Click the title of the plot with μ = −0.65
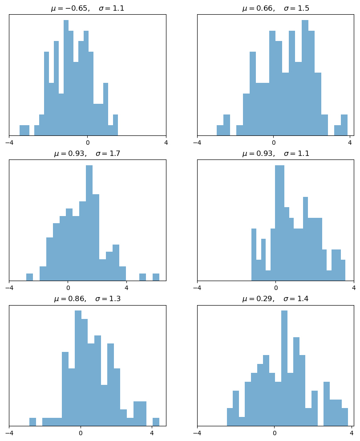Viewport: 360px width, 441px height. (x=87, y=8)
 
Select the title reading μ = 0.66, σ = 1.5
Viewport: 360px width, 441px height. (x=275, y=8)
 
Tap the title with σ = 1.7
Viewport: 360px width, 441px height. (x=87, y=154)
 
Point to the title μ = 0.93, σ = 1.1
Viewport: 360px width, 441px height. (x=275, y=154)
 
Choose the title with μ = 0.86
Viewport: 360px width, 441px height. (x=87, y=299)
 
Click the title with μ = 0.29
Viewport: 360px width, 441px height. (x=275, y=299)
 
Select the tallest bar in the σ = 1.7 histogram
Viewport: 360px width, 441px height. (x=89, y=223)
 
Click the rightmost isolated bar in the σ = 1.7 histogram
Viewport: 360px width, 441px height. (x=156, y=277)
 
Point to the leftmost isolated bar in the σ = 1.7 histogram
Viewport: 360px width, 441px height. (x=29, y=277)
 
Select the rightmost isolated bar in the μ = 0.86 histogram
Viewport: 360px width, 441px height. (x=156, y=422)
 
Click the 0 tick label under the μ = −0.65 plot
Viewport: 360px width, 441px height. (x=87, y=143)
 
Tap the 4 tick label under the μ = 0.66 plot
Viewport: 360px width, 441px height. (x=350, y=143)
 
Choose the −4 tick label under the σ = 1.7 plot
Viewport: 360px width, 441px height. (x=9, y=288)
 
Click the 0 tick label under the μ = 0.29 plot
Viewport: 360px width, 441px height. (x=274, y=433)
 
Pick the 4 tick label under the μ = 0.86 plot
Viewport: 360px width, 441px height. (x=152, y=433)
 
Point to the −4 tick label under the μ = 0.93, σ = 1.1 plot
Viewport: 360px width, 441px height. (x=197, y=288)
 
